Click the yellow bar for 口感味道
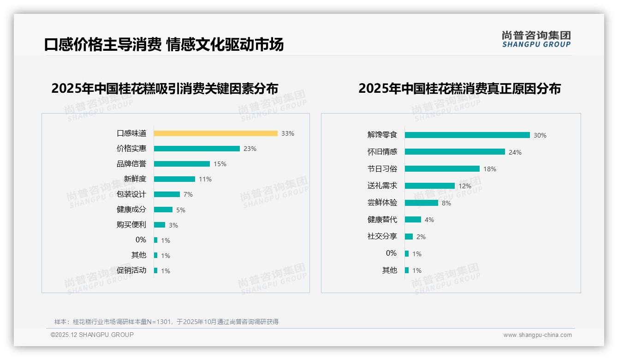[215, 133]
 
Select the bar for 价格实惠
[196, 149]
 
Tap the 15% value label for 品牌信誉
[220, 164]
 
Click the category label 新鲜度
[135, 179]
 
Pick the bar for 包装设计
[166, 194]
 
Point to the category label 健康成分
[131, 210]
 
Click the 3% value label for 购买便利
[173, 225]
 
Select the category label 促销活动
[131, 270]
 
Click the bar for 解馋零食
[467, 135]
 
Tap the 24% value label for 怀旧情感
[515, 152]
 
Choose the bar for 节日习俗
[442, 169]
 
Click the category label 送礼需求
[382, 186]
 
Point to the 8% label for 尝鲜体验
[446, 203]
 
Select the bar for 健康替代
[413, 220]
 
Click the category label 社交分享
[382, 236]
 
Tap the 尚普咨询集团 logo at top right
[536, 39]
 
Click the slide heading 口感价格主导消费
[102, 44]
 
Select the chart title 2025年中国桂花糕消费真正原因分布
[459, 89]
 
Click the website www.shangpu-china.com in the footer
[537, 335]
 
